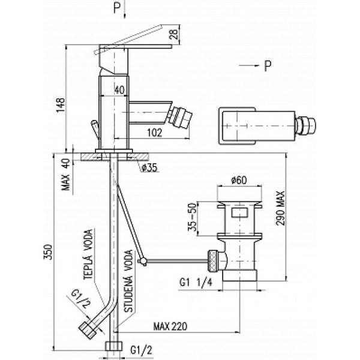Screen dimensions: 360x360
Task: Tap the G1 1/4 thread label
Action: pyautogui.click(x=196, y=281)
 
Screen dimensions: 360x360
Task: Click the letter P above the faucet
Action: pyautogui.click(x=116, y=8)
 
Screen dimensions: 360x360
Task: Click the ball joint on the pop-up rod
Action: pyautogui.click(x=143, y=261)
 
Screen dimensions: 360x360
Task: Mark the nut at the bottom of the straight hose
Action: pyautogui.click(x=112, y=347)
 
